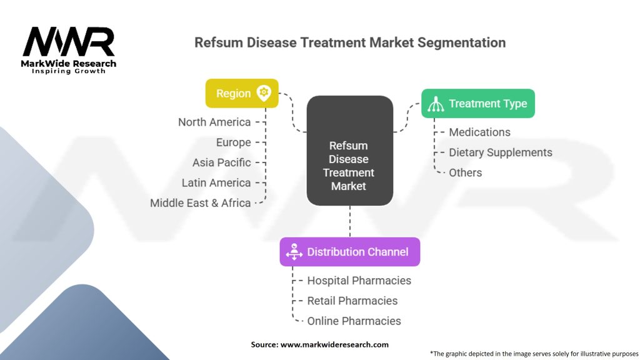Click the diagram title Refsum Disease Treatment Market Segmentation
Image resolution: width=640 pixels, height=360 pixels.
350,42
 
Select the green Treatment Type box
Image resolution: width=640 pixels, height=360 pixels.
477,104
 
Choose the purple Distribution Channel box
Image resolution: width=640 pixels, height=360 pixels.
349,252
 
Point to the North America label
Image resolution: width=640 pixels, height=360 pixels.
214,122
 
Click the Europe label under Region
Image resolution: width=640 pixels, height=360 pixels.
233,142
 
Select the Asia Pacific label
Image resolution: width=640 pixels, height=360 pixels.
221,162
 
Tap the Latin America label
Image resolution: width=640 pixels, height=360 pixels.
216,183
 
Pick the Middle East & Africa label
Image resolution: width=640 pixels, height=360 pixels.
200,203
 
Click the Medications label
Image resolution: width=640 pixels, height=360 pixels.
479,132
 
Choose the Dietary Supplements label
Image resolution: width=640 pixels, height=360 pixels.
500,152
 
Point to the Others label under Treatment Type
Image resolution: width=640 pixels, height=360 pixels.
466,172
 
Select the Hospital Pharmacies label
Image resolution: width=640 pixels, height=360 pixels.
359,281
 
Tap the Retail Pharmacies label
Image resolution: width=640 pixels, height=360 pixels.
352,301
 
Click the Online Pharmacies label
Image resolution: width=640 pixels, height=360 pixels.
354,321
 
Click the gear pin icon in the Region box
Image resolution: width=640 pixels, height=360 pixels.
264,92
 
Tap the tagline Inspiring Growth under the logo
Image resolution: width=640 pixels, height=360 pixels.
69,71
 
